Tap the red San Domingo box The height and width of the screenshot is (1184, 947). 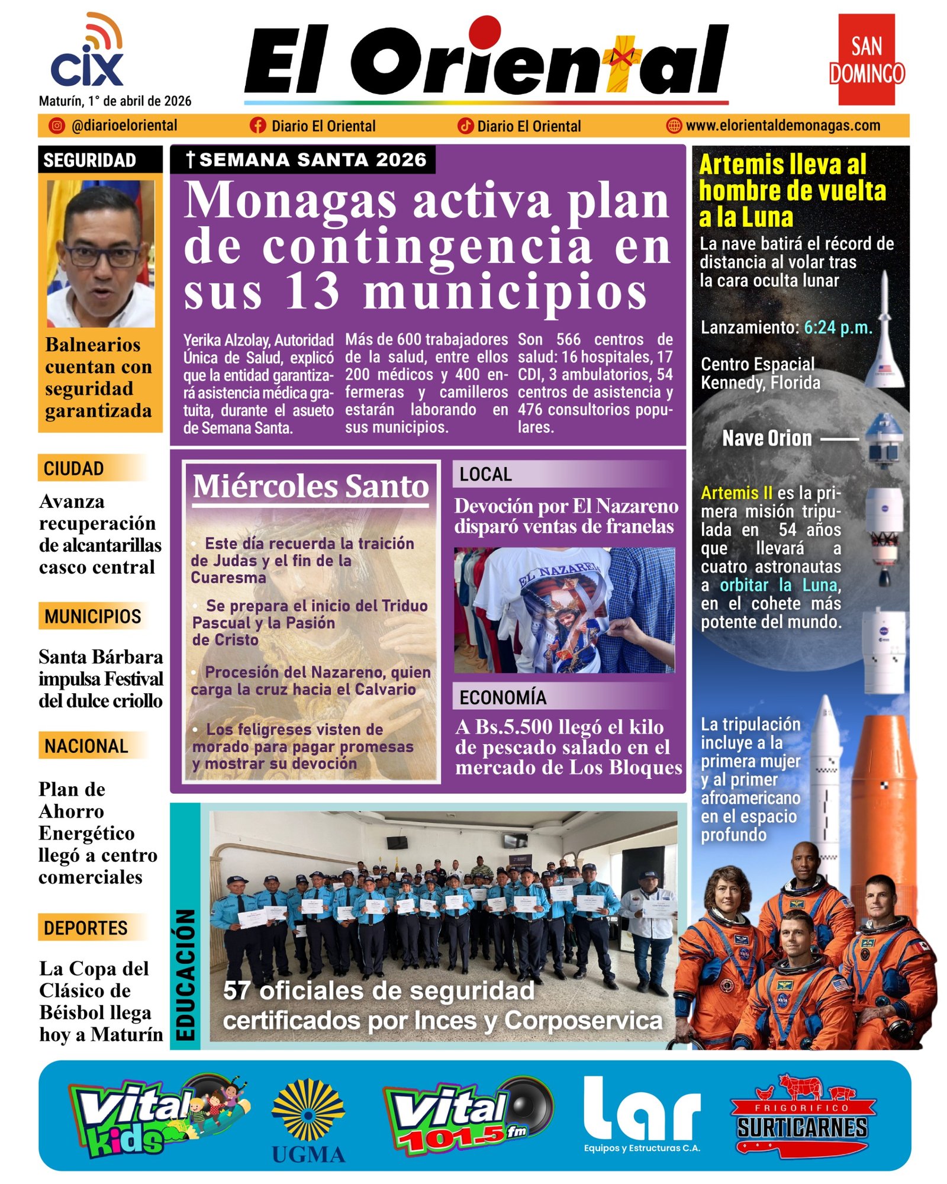click(x=867, y=60)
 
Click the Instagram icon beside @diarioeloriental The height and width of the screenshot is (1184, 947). click(x=57, y=126)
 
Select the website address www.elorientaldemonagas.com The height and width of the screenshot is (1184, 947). click(x=782, y=126)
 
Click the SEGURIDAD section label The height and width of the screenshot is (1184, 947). click(x=89, y=160)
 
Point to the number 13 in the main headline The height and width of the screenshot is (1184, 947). click(x=312, y=291)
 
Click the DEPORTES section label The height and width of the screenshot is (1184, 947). click(x=86, y=928)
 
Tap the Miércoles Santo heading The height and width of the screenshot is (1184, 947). click(x=311, y=487)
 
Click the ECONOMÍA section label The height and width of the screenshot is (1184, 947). click(x=503, y=697)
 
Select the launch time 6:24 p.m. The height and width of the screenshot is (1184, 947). click(x=838, y=327)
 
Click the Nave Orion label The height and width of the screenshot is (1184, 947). click(x=767, y=438)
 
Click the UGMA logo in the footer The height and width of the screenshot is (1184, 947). click(x=308, y=1121)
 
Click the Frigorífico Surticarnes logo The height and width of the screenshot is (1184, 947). click(x=803, y=1117)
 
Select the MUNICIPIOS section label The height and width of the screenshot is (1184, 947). click(x=93, y=616)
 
